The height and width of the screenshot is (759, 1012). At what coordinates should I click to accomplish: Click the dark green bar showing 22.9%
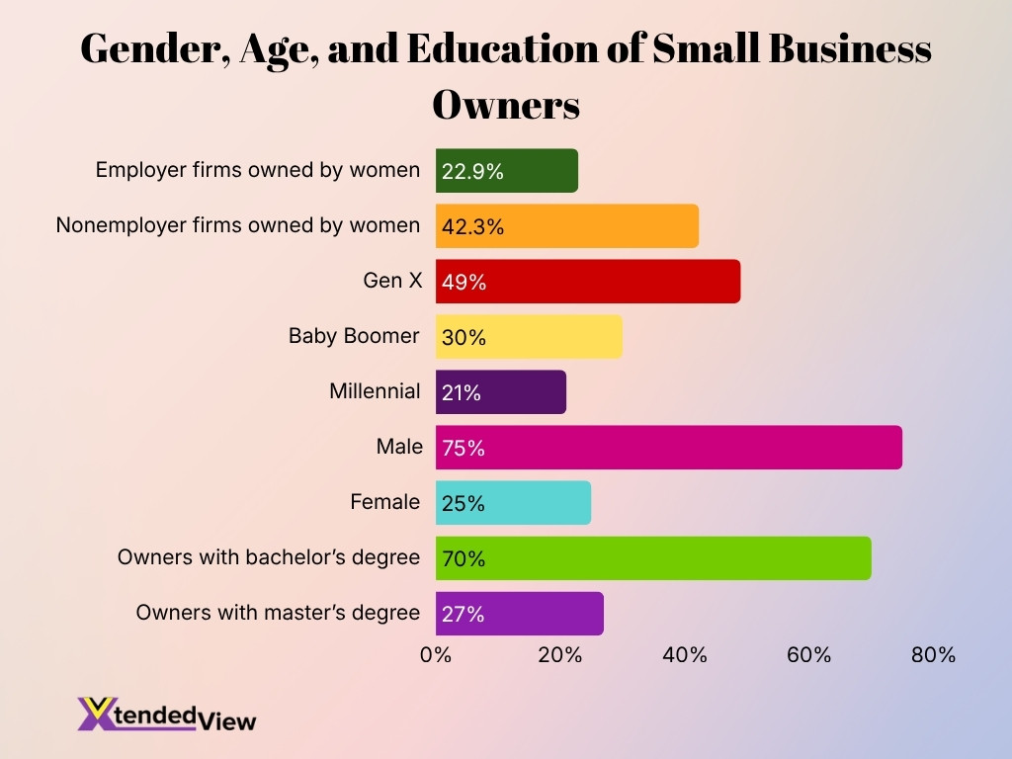tap(507, 171)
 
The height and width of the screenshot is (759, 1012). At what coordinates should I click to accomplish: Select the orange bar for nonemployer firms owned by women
tap(567, 226)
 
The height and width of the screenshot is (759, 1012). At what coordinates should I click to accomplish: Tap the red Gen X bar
tap(588, 282)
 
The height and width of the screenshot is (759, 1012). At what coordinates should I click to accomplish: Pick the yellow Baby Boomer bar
tap(529, 337)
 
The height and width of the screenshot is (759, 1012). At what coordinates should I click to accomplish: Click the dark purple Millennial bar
tap(501, 392)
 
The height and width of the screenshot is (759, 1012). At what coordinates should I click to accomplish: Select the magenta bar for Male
tap(669, 448)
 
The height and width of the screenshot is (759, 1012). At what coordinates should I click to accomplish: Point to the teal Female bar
tap(513, 503)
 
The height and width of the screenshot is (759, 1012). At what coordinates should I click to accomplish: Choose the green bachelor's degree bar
tap(653, 558)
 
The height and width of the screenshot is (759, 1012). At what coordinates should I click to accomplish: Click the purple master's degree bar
tap(519, 614)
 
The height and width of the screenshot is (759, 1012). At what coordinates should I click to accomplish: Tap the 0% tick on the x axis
tap(436, 654)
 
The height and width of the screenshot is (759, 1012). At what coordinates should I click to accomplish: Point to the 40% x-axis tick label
tap(685, 654)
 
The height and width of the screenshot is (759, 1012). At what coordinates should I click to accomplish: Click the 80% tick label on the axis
tap(933, 654)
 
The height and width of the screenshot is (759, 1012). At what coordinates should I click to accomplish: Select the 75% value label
tap(464, 449)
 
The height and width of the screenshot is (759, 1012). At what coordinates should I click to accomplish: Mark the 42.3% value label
tap(472, 227)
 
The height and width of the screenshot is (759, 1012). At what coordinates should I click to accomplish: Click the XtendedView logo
tap(166, 714)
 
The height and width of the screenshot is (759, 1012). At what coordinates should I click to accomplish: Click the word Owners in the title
tap(506, 105)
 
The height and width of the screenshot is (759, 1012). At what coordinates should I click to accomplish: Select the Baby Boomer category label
tap(354, 336)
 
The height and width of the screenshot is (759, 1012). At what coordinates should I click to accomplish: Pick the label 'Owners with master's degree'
tap(278, 613)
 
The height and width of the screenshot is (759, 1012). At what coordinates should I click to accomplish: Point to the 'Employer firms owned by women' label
tap(257, 170)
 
